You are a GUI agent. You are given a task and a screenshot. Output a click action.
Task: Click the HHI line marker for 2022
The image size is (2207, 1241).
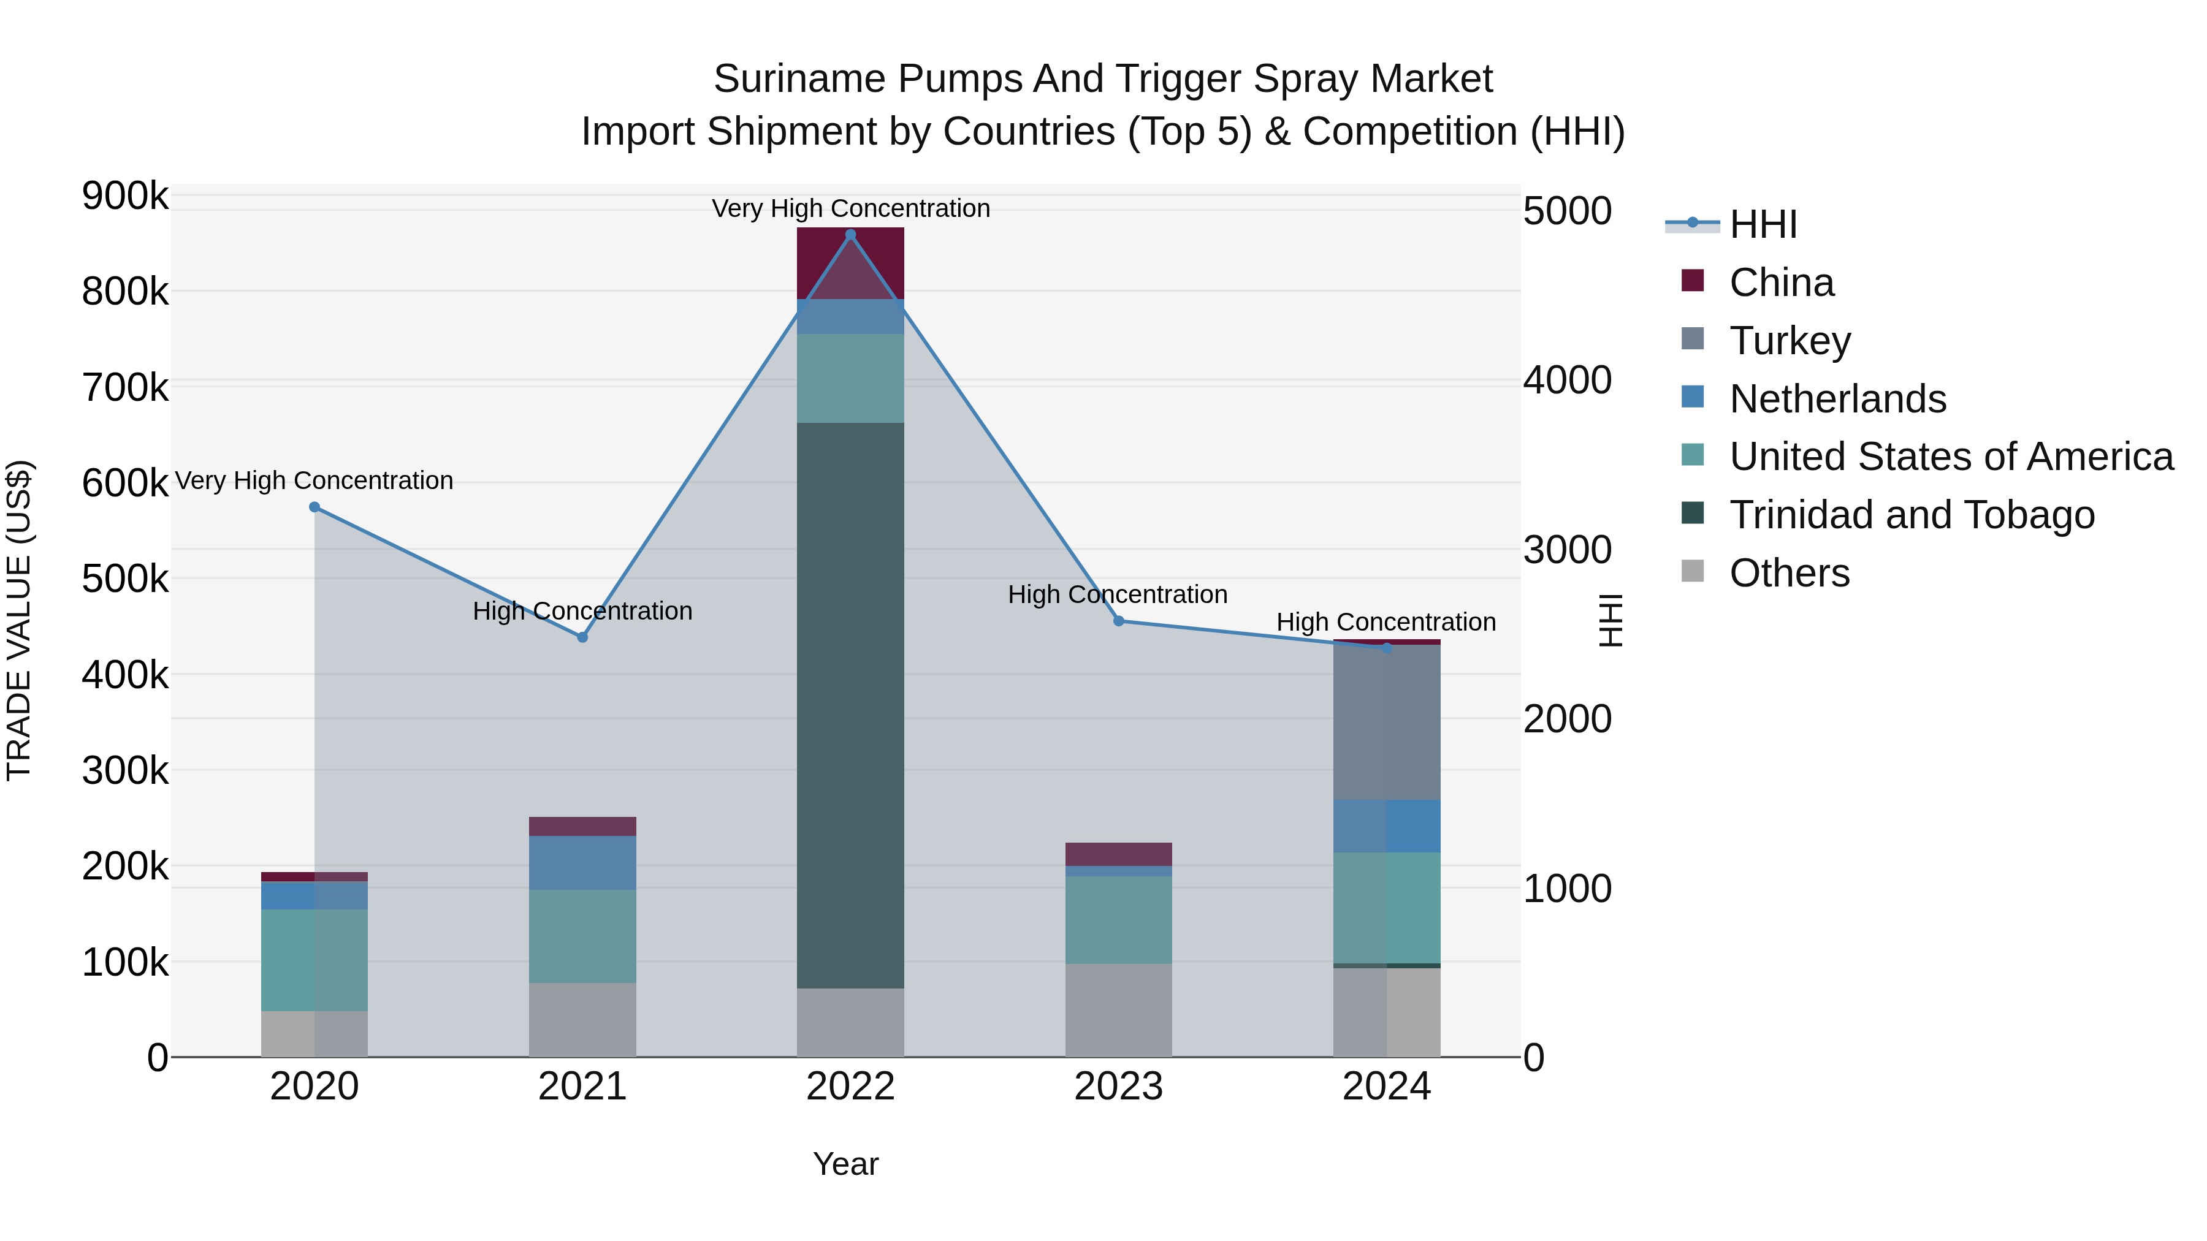coord(850,235)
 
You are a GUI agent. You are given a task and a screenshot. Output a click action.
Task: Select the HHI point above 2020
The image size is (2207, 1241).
coord(314,507)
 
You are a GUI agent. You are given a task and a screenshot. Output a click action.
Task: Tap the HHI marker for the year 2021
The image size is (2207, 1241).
coord(582,637)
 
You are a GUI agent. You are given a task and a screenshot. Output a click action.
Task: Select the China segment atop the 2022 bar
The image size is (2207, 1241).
coord(850,263)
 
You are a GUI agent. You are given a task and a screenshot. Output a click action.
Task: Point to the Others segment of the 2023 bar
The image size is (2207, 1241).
coord(1118,1010)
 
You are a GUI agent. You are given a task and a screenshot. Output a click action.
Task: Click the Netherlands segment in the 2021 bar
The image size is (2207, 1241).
coord(582,862)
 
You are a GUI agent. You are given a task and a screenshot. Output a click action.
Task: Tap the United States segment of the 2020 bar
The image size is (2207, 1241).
coord(314,960)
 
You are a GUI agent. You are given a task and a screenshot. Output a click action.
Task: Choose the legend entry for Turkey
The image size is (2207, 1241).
coord(1789,340)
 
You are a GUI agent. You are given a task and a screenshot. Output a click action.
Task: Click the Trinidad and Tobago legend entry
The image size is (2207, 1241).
coord(1912,515)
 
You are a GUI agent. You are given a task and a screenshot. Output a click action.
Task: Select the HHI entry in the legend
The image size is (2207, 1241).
coord(1763,224)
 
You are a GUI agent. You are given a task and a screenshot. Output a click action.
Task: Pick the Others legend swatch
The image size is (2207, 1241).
coord(1693,571)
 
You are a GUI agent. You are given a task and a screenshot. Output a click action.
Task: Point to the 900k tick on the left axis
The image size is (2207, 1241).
coord(125,196)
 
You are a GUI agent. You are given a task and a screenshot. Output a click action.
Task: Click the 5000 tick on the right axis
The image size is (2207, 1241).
coord(1567,211)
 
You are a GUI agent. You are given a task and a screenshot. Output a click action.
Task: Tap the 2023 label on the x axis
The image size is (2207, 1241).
coord(1118,1087)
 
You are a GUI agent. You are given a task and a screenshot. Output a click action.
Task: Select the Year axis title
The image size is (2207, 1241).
coord(845,1164)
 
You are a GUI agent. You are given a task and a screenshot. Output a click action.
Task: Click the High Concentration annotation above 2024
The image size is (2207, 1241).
coord(1386,622)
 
